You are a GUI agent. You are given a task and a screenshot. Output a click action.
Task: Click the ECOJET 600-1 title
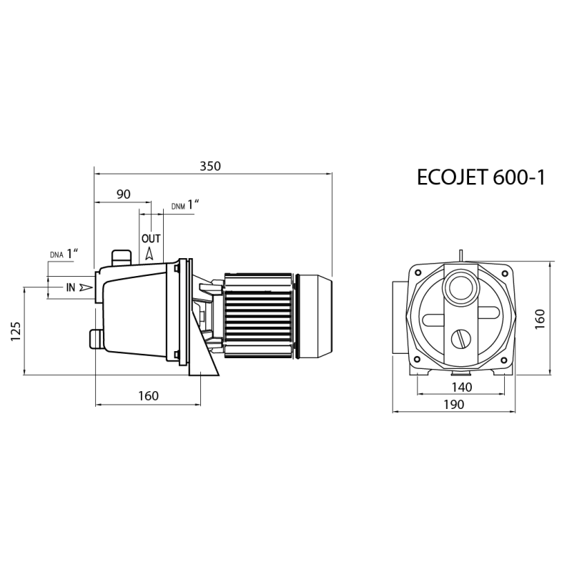pos(480,177)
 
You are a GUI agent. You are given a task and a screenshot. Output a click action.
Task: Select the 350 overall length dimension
pos(210,167)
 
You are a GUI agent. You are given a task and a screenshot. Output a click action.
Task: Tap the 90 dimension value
pos(123,194)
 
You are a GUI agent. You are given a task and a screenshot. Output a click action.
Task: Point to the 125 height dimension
pos(16,331)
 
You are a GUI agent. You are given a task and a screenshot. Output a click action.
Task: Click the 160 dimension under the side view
pos(149,396)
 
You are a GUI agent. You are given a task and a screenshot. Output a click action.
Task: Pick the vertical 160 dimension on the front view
pos(540,319)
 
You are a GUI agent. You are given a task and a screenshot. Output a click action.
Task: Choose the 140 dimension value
pos(462,387)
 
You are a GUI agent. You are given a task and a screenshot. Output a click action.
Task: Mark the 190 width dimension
pos(454,405)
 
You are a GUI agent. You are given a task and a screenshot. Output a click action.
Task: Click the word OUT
pos(151,239)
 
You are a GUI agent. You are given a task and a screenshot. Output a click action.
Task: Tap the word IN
pos(70,288)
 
